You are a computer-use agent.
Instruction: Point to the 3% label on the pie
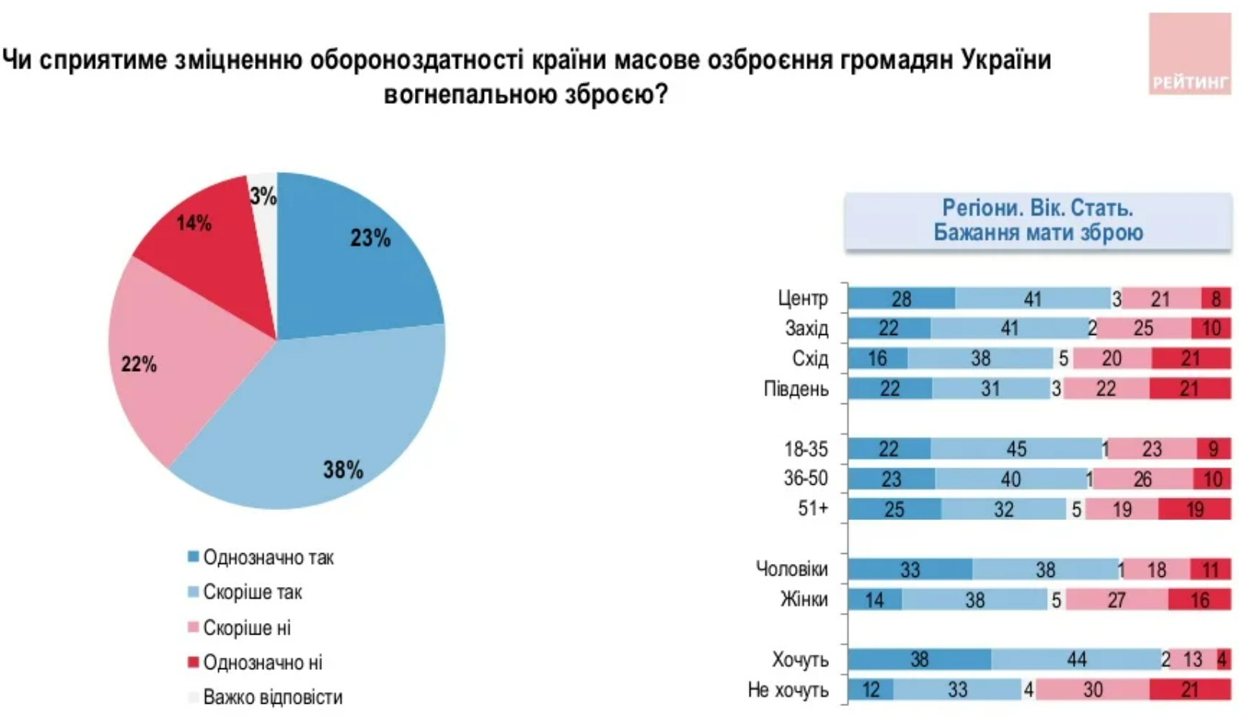pos(263,197)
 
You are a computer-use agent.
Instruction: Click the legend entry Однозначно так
pos(267,558)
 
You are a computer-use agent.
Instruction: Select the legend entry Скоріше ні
pos(246,628)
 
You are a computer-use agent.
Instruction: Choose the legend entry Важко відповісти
pos(272,698)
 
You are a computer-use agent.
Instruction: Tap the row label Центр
pos(803,298)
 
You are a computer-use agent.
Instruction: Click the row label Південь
pos(796,389)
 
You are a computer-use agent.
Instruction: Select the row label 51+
pos(813,509)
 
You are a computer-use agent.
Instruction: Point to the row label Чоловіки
pos(792,569)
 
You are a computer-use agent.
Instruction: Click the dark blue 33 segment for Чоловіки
pos(909,569)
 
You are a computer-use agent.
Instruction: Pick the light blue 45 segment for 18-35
pos(1016,449)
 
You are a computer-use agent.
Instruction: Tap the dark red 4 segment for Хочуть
pos(1223,659)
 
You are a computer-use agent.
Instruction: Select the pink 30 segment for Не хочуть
pos(1092,690)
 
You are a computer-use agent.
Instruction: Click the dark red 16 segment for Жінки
pos(1199,599)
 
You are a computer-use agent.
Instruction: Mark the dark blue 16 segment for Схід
pos(877,359)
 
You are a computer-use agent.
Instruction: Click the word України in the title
pos(1006,59)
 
